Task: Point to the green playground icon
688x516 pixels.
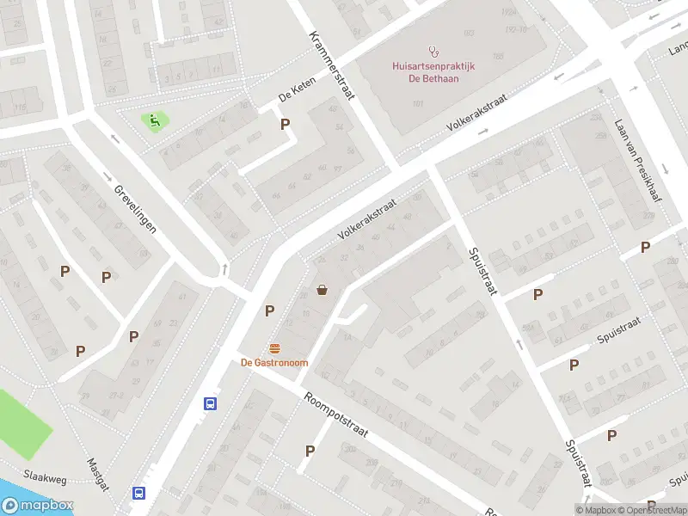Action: coord(155,121)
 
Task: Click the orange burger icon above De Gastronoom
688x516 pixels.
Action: coord(274,348)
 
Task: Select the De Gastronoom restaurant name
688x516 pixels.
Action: coord(274,363)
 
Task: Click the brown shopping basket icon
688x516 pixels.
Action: coord(322,290)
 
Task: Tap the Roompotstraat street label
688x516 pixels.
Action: coord(335,415)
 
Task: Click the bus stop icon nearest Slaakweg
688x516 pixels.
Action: coord(138,493)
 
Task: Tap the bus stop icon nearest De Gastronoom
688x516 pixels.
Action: coord(209,402)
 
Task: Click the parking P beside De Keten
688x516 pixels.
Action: coord(285,124)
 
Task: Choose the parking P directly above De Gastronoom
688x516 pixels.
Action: coord(269,310)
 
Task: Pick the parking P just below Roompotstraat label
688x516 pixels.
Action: coord(310,450)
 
